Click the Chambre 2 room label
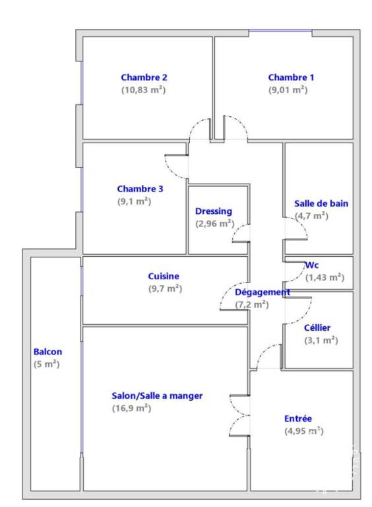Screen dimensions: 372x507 point(144,77)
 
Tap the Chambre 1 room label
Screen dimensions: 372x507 point(291,77)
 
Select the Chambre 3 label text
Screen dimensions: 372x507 point(140,189)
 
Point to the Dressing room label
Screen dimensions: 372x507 point(214,211)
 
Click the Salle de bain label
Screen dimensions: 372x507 point(321,203)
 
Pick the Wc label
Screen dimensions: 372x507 point(312,265)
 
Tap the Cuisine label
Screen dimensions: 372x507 point(164,276)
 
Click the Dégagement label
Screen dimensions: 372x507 point(263,292)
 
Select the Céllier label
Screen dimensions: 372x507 point(317,328)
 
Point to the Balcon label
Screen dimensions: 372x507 point(47,351)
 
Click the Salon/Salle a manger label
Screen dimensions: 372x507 point(157,396)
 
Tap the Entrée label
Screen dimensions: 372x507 point(298,419)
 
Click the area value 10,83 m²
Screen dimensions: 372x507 point(143,90)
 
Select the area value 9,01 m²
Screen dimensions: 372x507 point(288,90)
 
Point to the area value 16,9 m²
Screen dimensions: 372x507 point(132,408)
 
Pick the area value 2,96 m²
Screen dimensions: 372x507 point(215,223)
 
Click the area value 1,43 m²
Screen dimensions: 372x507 point(325,277)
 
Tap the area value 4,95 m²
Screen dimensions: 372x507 point(304,430)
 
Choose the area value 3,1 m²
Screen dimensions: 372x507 point(321,340)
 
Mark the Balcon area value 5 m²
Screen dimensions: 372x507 point(46,364)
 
